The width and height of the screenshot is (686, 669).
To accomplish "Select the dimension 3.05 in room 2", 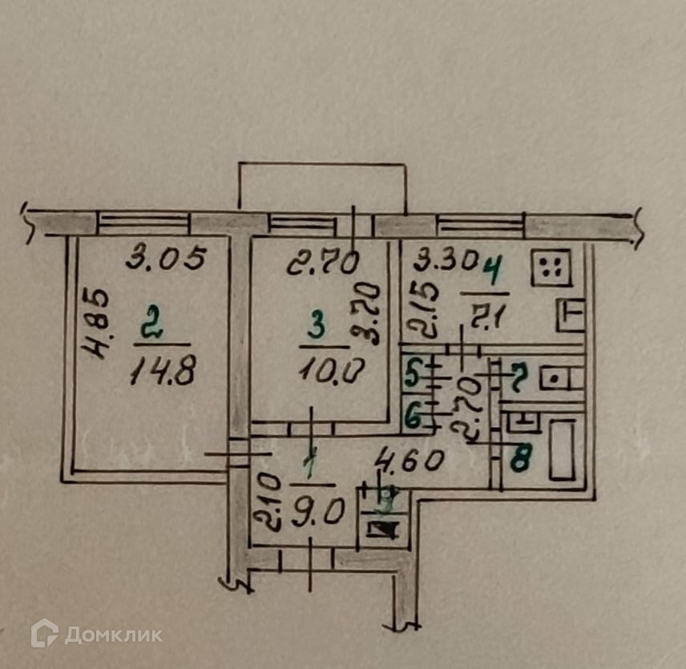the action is coord(168,258).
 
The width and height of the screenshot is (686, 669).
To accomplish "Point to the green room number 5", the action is coord(412,374).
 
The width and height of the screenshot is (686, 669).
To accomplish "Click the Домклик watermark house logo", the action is coord(44,634).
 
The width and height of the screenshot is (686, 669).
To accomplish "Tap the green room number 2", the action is coord(148,327).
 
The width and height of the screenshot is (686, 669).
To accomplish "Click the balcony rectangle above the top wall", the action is coord(322,186).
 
